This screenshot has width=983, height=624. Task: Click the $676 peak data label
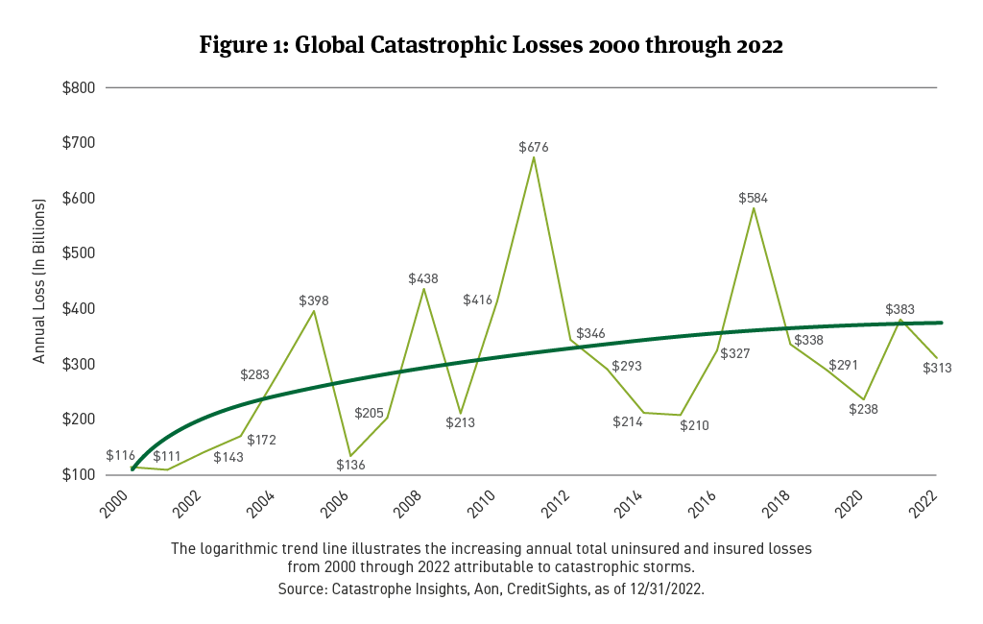534,147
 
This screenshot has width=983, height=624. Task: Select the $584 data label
753,198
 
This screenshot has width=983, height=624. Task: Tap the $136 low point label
351,465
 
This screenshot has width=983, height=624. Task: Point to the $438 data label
423,278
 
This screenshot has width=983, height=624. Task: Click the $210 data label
694,425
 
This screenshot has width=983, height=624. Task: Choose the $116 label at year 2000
120,454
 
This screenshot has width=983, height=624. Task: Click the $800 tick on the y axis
80,87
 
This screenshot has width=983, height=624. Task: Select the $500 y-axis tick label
80,253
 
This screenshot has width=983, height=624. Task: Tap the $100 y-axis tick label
80,475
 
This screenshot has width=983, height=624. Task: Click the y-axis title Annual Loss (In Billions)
39,281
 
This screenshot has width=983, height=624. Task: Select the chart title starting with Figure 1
491,46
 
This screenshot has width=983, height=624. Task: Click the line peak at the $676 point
534,156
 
